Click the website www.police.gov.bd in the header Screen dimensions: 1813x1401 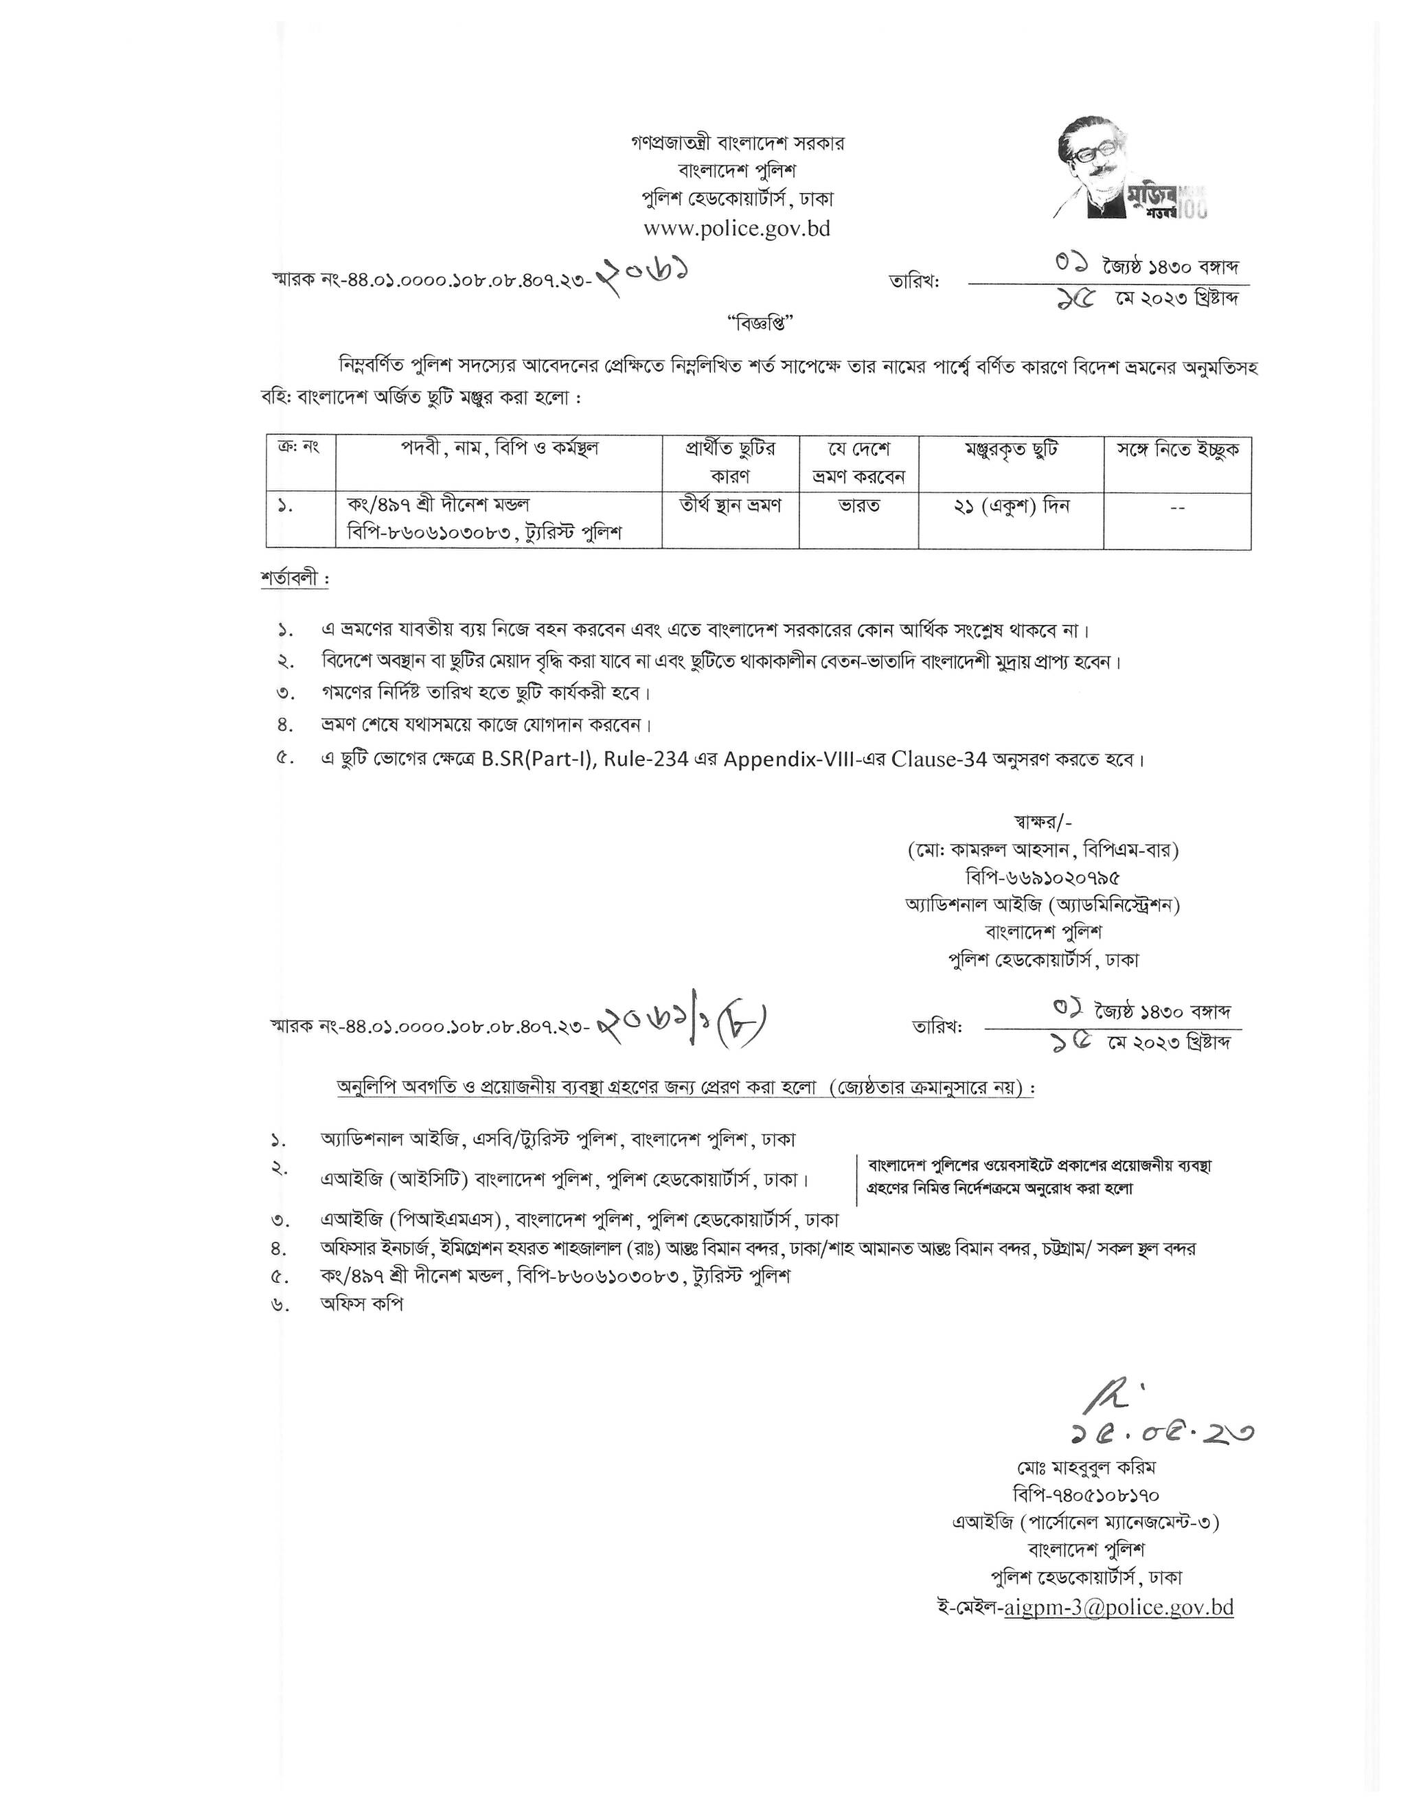[x=737, y=228]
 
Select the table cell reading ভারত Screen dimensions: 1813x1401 [x=858, y=505]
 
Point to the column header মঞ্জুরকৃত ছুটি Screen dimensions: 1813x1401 [x=1010, y=451]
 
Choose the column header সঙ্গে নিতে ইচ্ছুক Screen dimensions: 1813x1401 [x=1177, y=451]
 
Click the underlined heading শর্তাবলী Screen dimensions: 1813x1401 [x=294, y=580]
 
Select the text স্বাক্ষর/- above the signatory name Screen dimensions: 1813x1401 [x=1043, y=822]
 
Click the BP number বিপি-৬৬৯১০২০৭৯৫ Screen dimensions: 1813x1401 [x=1043, y=878]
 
